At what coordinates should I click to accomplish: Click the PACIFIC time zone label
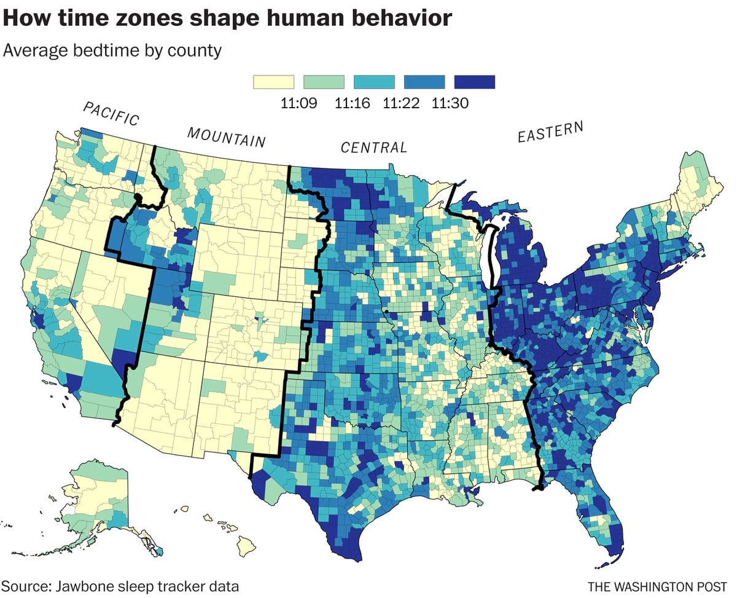pos(111,114)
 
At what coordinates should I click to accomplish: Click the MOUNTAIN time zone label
pos(226,137)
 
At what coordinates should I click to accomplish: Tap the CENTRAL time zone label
pos(374,148)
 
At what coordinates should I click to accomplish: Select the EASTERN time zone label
pos(550,132)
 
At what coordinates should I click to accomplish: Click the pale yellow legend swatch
pos(274,82)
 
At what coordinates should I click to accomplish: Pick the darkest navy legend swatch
pos(474,82)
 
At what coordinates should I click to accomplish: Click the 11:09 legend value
pos(298,103)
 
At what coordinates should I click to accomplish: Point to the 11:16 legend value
pos(352,103)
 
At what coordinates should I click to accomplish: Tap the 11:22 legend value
pos(401,103)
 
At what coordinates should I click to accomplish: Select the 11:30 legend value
pos(450,103)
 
